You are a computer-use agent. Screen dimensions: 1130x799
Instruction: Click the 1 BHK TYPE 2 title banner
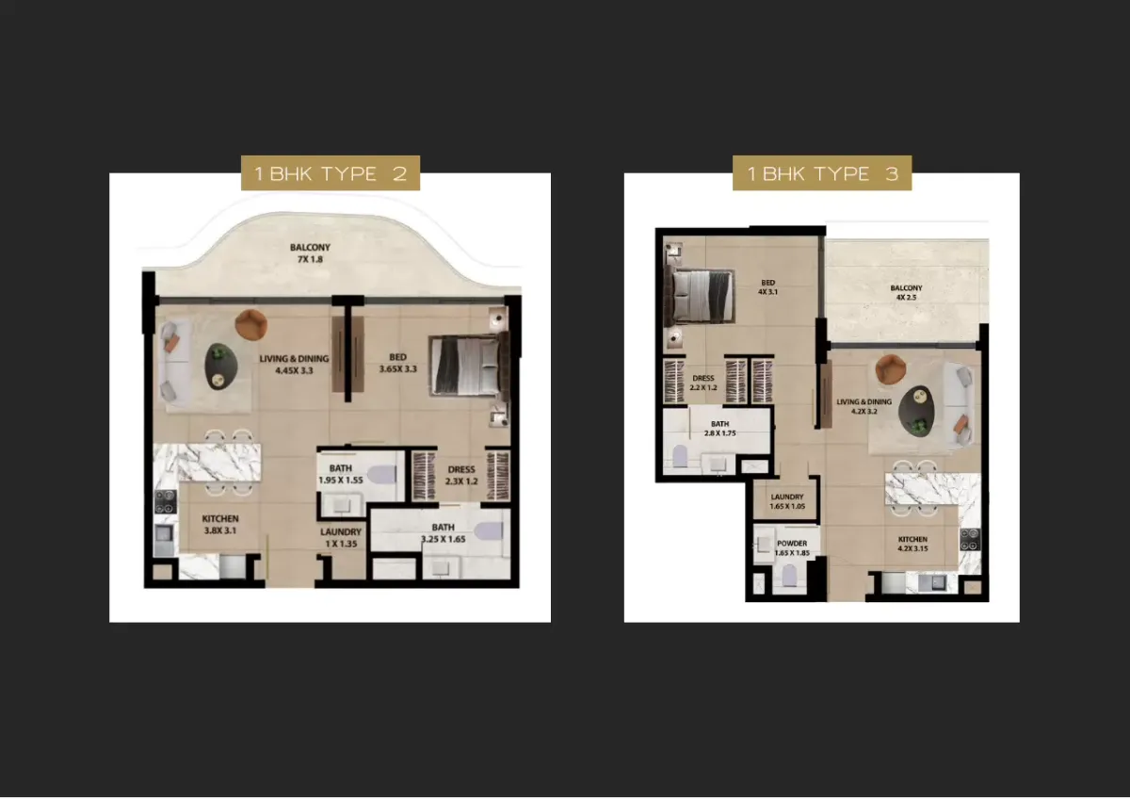tap(331, 173)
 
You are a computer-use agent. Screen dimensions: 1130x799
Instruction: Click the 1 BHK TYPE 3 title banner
tap(822, 173)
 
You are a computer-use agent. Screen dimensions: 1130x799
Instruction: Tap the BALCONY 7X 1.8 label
tap(310, 253)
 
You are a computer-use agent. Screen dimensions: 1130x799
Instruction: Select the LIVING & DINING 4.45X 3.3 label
tap(294, 365)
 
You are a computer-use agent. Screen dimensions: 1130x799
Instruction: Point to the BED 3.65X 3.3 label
tap(398, 363)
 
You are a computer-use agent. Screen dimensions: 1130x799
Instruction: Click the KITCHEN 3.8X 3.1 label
tap(220, 525)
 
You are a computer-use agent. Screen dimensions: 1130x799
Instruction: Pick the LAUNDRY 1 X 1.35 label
tap(341, 538)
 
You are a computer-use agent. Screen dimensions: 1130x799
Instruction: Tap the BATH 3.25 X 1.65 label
tap(444, 533)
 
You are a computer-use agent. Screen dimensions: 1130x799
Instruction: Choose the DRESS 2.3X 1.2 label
tap(461, 476)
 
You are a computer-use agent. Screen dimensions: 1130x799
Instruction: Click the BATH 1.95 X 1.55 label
tap(341, 474)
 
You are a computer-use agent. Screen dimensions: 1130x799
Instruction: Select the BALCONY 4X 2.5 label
tap(906, 292)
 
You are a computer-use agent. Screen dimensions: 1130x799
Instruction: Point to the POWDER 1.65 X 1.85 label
tap(792, 547)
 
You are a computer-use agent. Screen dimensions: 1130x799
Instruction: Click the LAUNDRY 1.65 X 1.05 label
tap(787, 501)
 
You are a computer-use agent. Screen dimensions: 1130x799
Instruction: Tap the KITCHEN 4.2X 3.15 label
tap(912, 544)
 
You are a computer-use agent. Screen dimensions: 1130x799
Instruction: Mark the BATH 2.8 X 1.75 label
tap(719, 429)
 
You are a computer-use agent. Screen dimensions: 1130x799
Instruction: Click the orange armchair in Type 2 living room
tap(251, 324)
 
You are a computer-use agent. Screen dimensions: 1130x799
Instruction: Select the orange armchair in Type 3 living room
tap(891, 369)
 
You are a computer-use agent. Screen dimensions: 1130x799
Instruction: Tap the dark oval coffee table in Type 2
tap(221, 367)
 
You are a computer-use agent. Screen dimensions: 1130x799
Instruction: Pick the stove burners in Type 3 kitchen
tap(970, 539)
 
